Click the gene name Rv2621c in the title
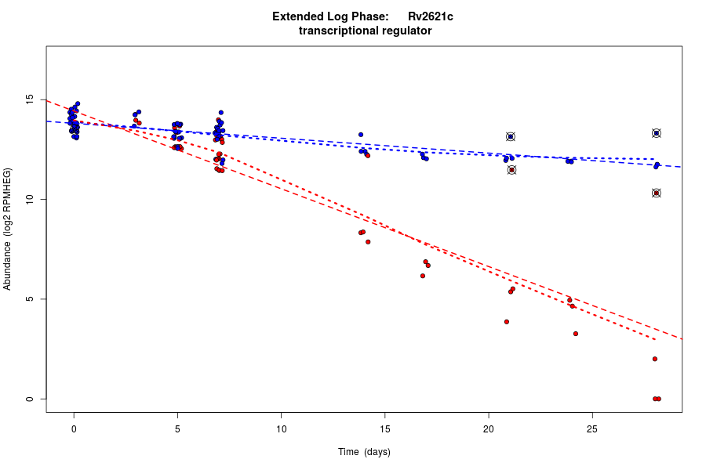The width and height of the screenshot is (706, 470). coord(430,16)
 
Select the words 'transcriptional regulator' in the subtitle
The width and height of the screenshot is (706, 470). coord(366,31)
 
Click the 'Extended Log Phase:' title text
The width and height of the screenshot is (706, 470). coord(330,16)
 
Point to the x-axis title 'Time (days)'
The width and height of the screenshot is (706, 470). coord(364,452)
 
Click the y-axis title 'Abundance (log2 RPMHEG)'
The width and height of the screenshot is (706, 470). coord(8,229)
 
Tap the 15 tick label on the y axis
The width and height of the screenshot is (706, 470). coord(29,100)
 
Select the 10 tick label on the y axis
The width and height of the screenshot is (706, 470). coord(29,200)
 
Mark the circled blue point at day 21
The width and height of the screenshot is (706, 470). coord(511,136)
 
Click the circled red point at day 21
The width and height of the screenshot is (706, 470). coord(511,169)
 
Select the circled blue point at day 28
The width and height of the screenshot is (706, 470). coord(657,133)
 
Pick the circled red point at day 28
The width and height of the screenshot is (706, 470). coord(657,193)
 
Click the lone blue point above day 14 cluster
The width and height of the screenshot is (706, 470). coord(361,135)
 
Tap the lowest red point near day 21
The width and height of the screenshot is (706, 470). coord(507,321)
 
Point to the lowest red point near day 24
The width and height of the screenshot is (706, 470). coord(576,334)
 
